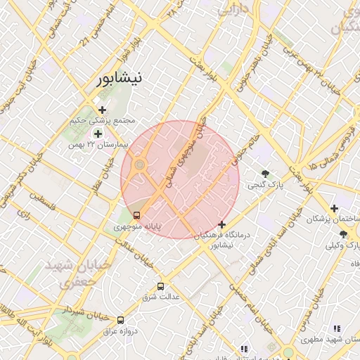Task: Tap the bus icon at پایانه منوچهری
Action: (136, 215)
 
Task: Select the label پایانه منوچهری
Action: (138, 227)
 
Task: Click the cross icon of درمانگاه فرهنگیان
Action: (222, 224)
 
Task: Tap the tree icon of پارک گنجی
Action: (265, 174)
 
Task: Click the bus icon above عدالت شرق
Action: (161, 286)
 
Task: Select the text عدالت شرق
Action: (161, 297)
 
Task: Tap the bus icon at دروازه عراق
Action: (121, 319)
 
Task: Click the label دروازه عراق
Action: (120, 330)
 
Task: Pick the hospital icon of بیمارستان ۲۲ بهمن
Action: (97, 133)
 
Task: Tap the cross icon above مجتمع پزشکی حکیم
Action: (103, 110)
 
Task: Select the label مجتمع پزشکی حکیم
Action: (102, 120)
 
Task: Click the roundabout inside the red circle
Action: (140, 165)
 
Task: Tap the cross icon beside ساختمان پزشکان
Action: (334, 208)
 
